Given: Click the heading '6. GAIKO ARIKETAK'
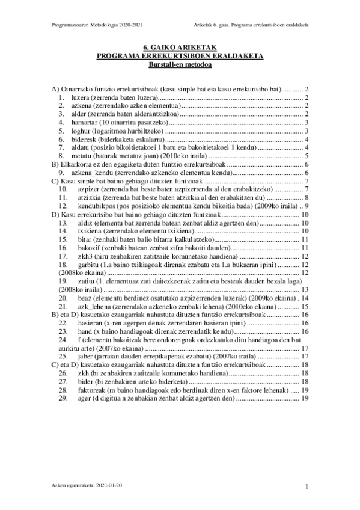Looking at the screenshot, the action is (180, 47).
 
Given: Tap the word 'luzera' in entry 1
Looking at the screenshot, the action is (80, 97).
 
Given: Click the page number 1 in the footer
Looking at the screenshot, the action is (307, 486).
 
